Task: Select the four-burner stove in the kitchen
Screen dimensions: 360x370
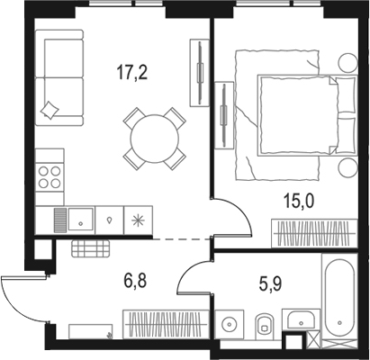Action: pyautogui.click(x=49, y=177)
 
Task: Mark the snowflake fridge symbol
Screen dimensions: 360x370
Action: pyautogui.click(x=138, y=220)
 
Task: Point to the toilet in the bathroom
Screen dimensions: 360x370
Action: pyautogui.click(x=263, y=327)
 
